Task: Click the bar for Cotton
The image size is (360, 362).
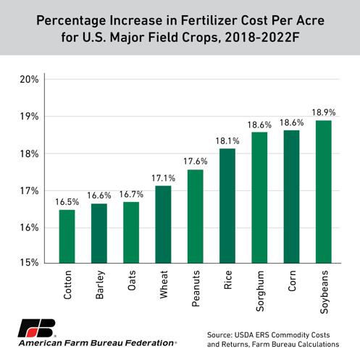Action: tap(67, 236)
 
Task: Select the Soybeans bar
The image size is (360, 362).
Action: tap(324, 192)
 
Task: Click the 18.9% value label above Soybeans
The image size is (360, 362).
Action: tap(324, 112)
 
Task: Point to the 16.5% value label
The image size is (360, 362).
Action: tap(67, 201)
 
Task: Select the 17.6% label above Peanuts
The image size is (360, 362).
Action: tap(195, 161)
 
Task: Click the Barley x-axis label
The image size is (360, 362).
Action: tap(99, 288)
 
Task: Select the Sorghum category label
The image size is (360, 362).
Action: tap(260, 292)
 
